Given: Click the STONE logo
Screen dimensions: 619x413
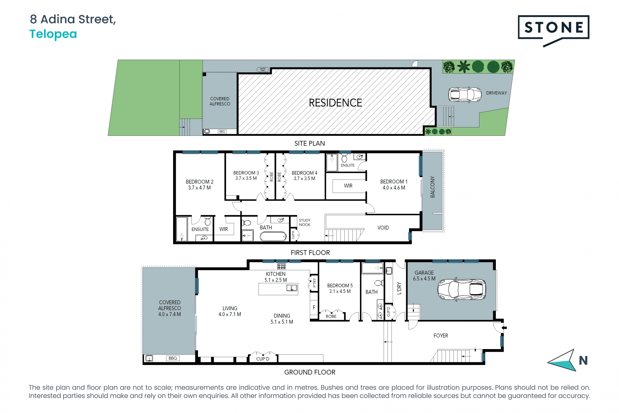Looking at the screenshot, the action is pyautogui.click(x=554, y=30).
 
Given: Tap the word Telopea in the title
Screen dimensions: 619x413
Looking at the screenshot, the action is pyautogui.click(x=53, y=34).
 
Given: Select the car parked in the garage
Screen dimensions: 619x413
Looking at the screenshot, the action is pyautogui.click(x=462, y=289).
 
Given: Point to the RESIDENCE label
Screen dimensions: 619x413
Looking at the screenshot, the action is pyautogui.click(x=335, y=103).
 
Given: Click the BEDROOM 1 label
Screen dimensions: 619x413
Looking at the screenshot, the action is pyautogui.click(x=394, y=182).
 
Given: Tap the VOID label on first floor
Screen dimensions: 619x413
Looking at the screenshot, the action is pyautogui.click(x=383, y=228).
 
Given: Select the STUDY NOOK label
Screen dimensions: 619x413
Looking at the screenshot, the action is pyautogui.click(x=305, y=223).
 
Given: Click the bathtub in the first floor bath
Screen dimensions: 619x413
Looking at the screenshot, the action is pyautogui.click(x=273, y=237).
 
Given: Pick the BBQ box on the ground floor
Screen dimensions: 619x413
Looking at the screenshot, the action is pyautogui.click(x=173, y=358).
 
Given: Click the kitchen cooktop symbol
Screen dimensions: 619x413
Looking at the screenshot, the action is pyautogui.click(x=281, y=267).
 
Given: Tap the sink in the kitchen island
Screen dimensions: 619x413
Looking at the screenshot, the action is pyautogui.click(x=292, y=288).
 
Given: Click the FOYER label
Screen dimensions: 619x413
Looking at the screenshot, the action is pyautogui.click(x=441, y=336).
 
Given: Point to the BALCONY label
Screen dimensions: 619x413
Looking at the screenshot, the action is pyautogui.click(x=432, y=187).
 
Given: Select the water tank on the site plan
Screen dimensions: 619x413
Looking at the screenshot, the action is pyautogui.click(x=263, y=69).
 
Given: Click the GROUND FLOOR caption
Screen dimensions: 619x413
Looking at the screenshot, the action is pyautogui.click(x=310, y=372).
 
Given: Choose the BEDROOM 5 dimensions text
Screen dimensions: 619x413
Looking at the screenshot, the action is pyautogui.click(x=340, y=291).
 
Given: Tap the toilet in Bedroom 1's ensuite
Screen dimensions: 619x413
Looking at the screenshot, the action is pyautogui.click(x=344, y=158).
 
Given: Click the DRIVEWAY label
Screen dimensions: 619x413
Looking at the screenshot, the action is pyautogui.click(x=496, y=93).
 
